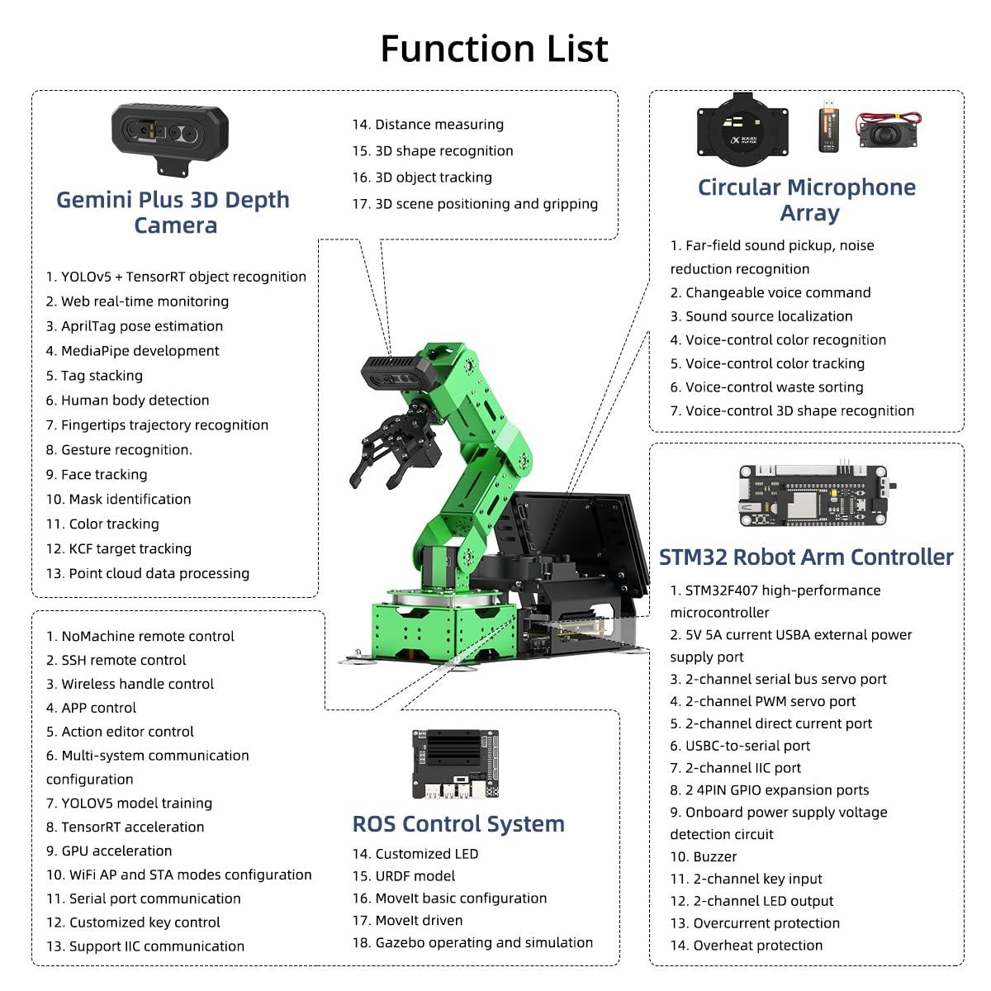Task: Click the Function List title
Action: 494,49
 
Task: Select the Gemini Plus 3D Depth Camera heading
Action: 173,212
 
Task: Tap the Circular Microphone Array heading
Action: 807,200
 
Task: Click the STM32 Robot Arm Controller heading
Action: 806,557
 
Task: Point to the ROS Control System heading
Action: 458,823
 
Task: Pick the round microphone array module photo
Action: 744,127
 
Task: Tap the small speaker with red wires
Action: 889,130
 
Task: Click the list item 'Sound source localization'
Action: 768,316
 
